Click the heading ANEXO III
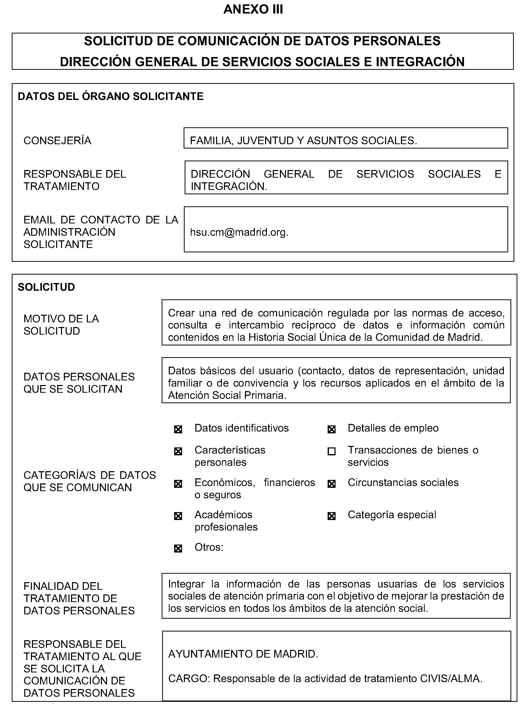(253, 9)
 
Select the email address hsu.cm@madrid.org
(239, 232)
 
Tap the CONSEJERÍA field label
(57, 140)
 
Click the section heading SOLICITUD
(46, 287)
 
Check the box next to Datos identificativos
(178, 430)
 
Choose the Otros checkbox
(178, 548)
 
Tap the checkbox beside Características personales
(178, 452)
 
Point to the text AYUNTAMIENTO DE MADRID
(243, 654)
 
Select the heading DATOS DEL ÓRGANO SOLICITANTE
(111, 96)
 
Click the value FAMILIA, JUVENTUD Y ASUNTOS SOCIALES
(303, 140)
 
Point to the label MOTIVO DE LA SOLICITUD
(61, 325)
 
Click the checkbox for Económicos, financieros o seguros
(178, 484)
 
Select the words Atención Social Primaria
(227, 395)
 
